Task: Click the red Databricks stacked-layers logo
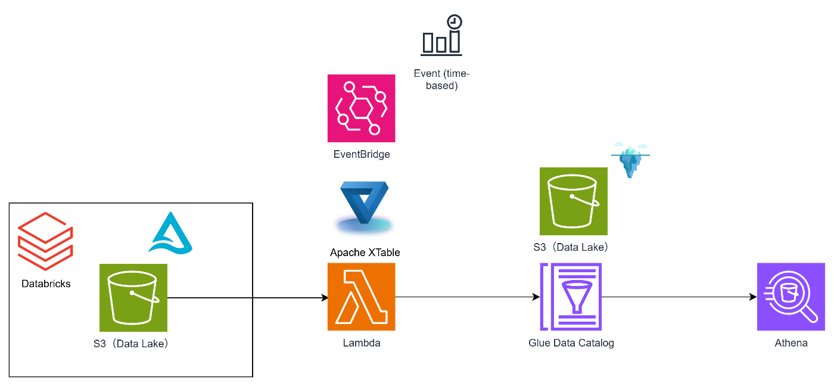point(46,241)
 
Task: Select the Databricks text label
point(46,284)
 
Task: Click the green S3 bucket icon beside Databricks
point(133,298)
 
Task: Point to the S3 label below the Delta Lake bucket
point(130,343)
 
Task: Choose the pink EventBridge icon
point(361,108)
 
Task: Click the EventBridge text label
point(361,154)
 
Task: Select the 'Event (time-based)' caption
point(441,79)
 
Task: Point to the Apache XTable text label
point(365,253)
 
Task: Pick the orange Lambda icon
point(361,297)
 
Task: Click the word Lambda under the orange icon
point(361,343)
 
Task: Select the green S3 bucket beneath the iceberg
point(574,201)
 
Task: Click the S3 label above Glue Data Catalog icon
point(571,247)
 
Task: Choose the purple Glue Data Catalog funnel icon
point(571,297)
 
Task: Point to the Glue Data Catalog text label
point(571,343)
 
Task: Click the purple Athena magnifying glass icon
point(791,297)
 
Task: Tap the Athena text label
point(791,343)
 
